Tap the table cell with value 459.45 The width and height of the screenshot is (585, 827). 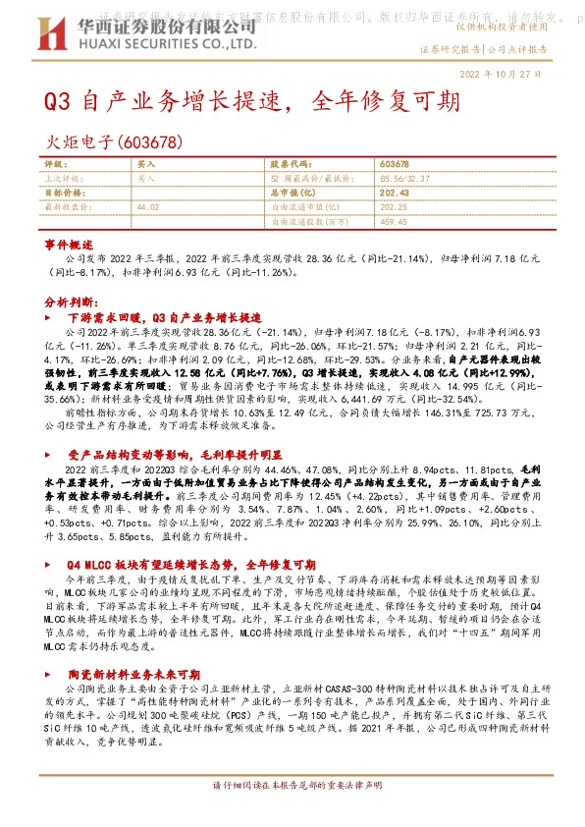[x=394, y=221]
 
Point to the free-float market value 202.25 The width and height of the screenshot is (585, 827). [x=394, y=207]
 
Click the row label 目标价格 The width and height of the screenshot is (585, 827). [x=64, y=193]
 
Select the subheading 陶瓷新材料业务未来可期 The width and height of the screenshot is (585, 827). [x=133, y=675]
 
